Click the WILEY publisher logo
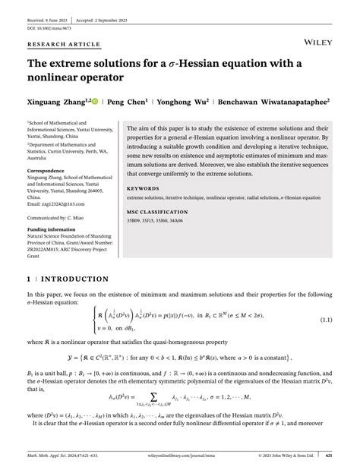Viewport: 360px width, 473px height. click(314, 36)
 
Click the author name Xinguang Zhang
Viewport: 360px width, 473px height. click(58, 100)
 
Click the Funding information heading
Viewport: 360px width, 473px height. click(55, 229)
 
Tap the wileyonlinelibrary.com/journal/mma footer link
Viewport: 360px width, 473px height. click(180, 456)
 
